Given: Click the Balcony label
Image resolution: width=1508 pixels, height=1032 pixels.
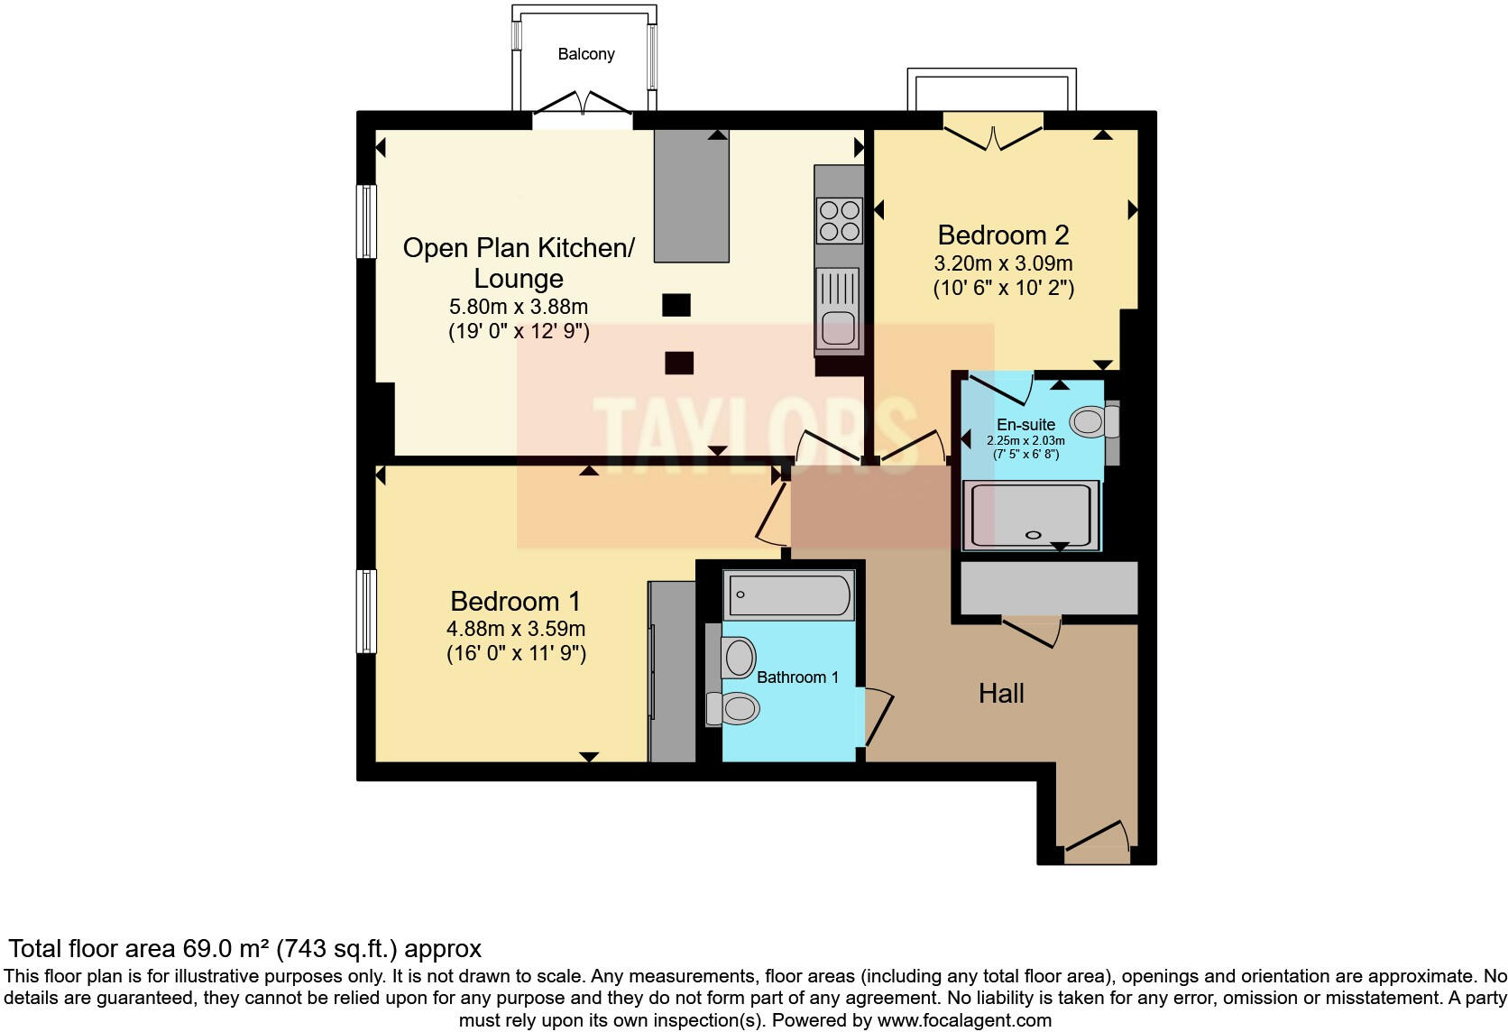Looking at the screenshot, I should [x=586, y=54].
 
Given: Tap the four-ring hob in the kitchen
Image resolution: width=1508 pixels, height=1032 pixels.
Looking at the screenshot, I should [x=839, y=221].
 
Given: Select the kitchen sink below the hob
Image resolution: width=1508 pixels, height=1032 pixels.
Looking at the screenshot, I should [x=838, y=309].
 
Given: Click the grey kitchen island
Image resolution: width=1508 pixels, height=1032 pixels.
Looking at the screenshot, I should [x=692, y=195].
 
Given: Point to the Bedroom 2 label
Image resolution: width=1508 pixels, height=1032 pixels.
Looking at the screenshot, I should [x=1003, y=235].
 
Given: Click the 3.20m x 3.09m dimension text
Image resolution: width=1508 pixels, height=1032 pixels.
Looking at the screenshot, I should [x=1003, y=264].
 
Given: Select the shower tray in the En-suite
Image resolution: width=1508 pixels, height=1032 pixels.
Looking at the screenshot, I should [x=1032, y=515].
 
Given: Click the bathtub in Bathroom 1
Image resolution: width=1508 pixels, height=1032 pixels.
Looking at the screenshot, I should [x=788, y=595].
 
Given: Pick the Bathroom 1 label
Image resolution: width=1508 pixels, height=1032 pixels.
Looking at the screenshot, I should [x=797, y=677].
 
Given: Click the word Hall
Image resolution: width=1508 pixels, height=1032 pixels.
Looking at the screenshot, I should [x=1001, y=694].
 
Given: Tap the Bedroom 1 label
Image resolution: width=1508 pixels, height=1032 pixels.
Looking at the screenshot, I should [x=515, y=602].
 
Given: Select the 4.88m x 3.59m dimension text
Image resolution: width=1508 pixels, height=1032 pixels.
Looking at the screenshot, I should [x=515, y=629].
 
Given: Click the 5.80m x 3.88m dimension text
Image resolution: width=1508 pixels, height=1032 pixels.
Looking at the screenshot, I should [x=519, y=307].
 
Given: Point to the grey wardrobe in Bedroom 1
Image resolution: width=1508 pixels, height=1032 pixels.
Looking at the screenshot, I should [x=672, y=671].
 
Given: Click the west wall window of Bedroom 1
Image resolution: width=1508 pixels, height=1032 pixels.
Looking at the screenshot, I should [x=366, y=611].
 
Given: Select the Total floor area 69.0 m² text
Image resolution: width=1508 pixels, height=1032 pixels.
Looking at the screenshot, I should [x=244, y=949].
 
